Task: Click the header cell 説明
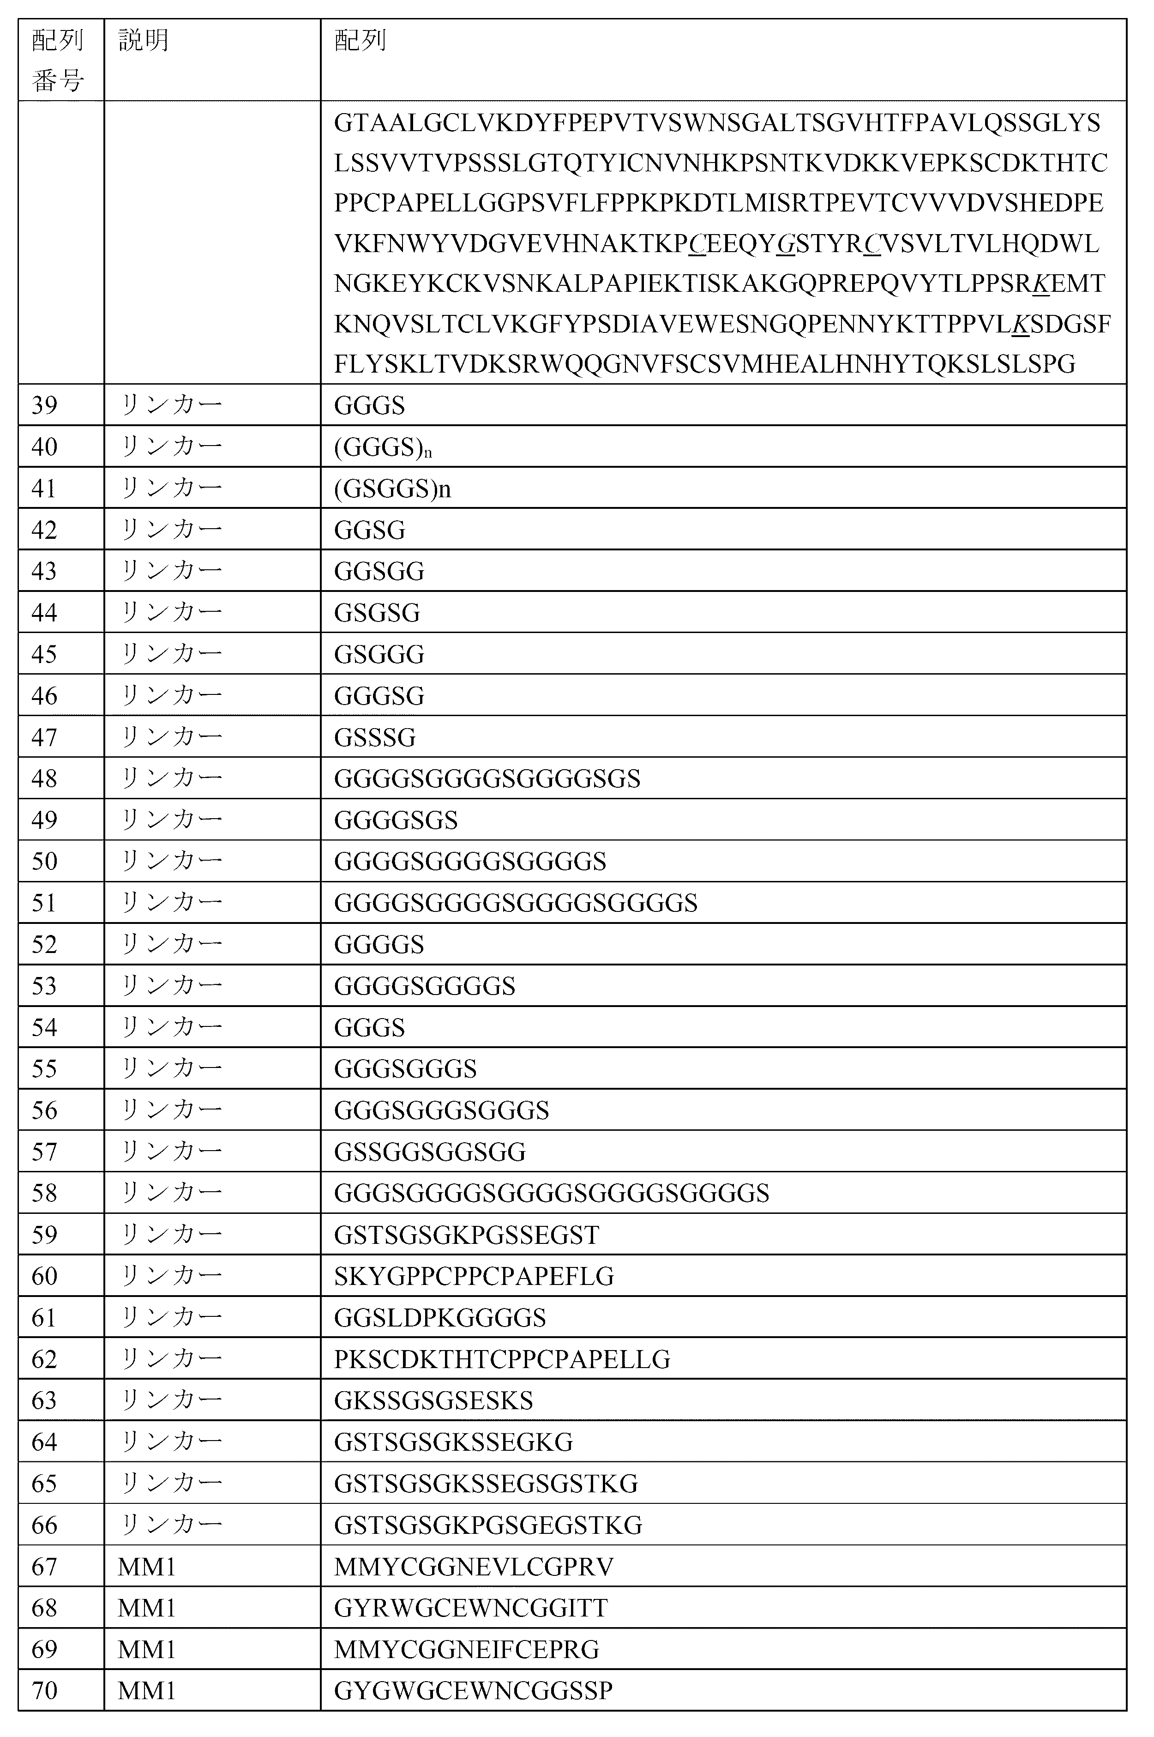[144, 41]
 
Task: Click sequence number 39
[44, 405]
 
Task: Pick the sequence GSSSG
[375, 737]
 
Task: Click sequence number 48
[44, 778]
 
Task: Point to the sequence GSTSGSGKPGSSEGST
[467, 1234]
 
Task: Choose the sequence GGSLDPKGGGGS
[439, 1317]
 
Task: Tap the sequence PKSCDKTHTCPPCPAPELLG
[502, 1359]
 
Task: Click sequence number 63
[44, 1400]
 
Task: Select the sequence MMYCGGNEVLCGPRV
[473, 1566]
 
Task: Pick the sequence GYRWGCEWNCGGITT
[470, 1607]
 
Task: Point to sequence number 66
[44, 1524]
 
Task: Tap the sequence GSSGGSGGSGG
[429, 1151]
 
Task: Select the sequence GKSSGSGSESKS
[433, 1400]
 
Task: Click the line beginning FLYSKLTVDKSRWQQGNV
[704, 363]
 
